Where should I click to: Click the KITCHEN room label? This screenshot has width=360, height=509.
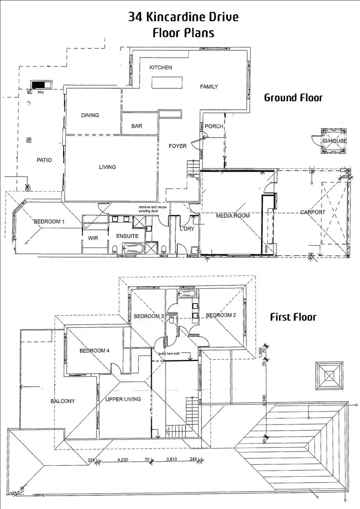pos(160,68)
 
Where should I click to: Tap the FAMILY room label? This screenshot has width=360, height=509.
pos(209,87)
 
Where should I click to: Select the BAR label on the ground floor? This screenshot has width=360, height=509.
pos(137,127)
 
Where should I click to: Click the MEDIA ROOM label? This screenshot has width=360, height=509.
pos(233,216)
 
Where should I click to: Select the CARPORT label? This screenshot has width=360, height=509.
pos(312,212)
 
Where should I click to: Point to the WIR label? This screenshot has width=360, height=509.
pos(93,238)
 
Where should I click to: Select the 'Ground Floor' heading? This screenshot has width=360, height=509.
pos(293,98)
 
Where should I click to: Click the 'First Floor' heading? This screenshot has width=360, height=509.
pos(293,317)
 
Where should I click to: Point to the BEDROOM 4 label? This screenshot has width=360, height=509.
pos(95,351)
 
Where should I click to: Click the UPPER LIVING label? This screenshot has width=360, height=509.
pos(123,399)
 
